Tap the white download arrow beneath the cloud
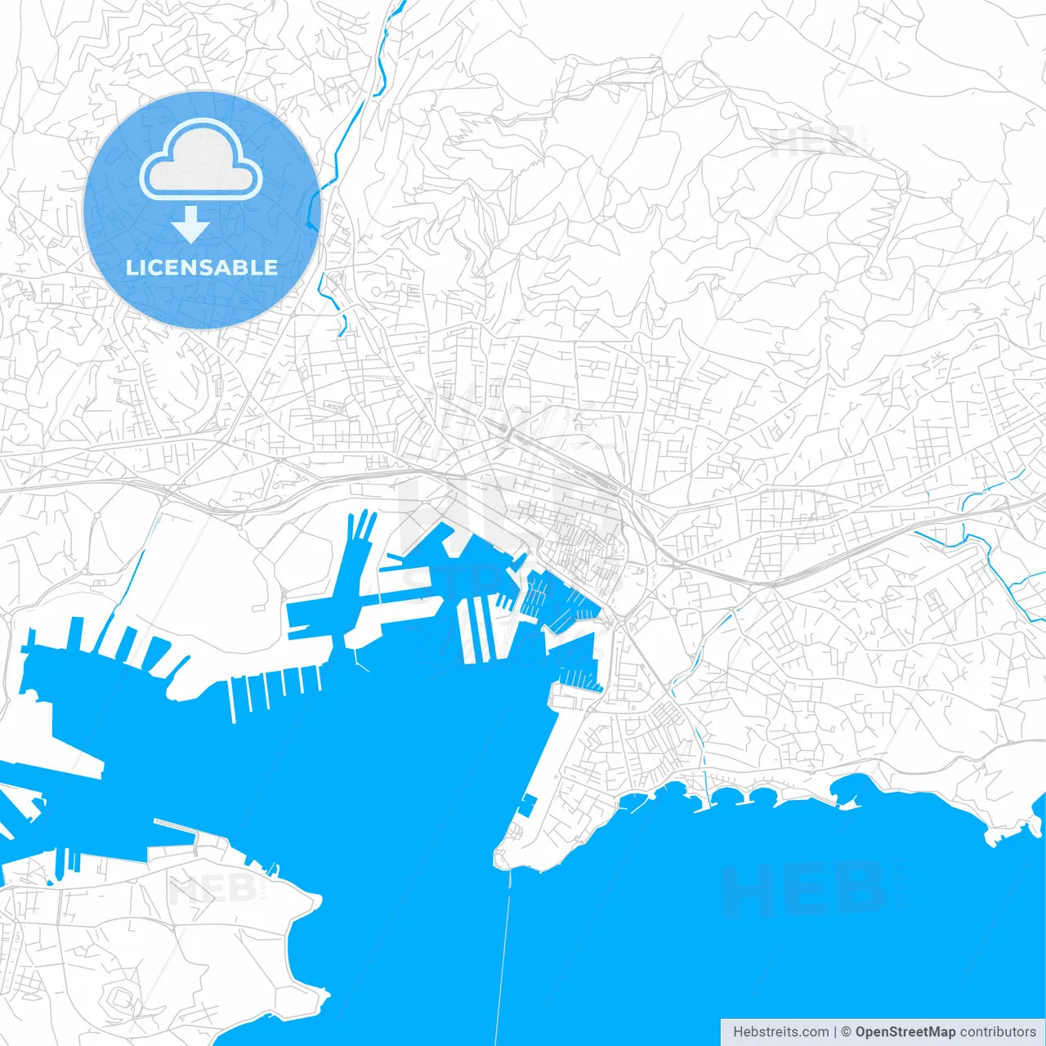[190, 226]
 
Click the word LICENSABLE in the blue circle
[202, 267]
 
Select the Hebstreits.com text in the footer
[780, 1032]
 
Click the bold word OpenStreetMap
[905, 1032]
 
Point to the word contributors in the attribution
[998, 1032]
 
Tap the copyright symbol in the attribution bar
[846, 1032]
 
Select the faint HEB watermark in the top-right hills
[813, 143]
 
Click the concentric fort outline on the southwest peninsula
[120, 998]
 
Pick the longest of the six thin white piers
[233, 700]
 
